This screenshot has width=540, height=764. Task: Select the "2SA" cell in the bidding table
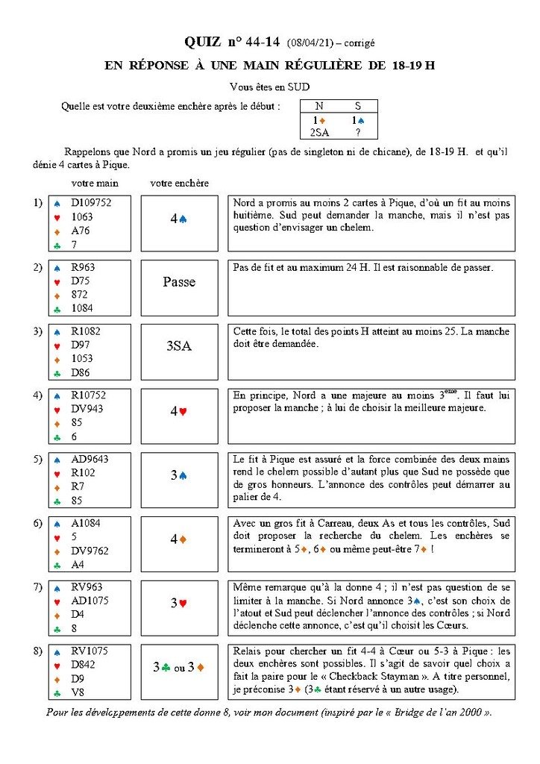point(320,132)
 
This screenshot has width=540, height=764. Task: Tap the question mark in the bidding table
point(358,132)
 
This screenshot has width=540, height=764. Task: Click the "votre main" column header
point(95,183)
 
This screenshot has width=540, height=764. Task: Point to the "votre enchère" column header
point(179,183)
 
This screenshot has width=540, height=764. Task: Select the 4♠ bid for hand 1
point(179,219)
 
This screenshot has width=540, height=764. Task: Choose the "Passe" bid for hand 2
point(179,282)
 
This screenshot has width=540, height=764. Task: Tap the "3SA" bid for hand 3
point(179,346)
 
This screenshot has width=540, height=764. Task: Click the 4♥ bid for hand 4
point(179,410)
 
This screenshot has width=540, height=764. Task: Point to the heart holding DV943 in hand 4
point(84,409)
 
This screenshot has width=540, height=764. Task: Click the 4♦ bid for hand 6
point(179,538)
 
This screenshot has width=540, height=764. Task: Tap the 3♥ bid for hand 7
point(179,602)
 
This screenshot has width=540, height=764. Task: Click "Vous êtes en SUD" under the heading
point(270,87)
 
